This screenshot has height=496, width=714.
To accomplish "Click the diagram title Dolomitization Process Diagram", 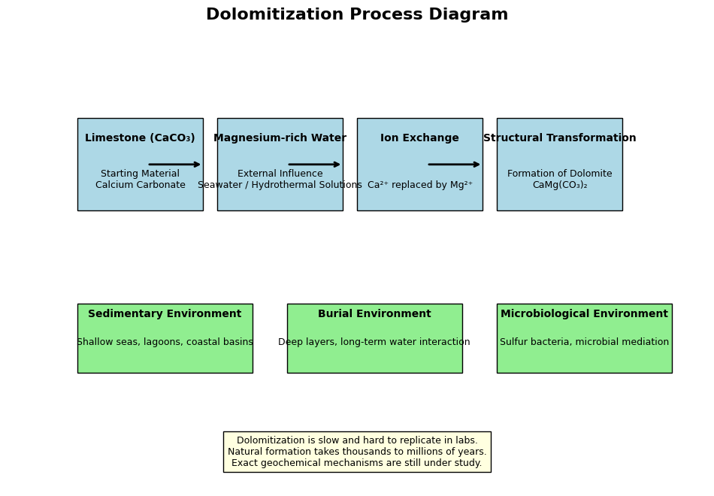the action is [x=357, y=14].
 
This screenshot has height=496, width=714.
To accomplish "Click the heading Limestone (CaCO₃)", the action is [x=140, y=138].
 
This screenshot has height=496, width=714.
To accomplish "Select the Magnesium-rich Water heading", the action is [x=280, y=138].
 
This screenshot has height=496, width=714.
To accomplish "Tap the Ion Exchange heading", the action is [x=420, y=138].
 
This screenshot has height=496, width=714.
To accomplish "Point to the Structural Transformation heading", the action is [x=560, y=138].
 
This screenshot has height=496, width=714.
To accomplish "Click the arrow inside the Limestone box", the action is [x=174, y=165].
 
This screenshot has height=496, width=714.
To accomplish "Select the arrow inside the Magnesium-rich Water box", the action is [x=314, y=165].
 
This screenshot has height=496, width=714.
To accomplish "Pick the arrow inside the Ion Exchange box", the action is [x=454, y=165].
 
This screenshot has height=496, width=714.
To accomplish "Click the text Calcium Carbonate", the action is [x=141, y=185].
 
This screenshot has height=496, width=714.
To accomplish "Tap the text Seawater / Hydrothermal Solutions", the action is [x=280, y=185].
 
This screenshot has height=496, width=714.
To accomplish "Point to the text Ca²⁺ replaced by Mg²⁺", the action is [x=420, y=185].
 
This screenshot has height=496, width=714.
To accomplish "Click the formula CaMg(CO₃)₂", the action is [x=560, y=185].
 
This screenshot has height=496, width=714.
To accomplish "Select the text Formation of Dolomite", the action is [x=560, y=174].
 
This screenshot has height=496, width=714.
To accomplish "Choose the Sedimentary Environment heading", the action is [x=165, y=314].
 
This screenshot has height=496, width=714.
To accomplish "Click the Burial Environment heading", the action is [x=374, y=314].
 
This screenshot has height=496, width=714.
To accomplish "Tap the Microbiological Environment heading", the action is [x=584, y=314].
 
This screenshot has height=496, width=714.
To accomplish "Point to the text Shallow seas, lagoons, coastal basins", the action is [x=165, y=342].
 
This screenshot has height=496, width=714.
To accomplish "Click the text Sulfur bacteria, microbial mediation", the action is [x=584, y=342].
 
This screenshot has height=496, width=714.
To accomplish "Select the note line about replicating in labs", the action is [x=357, y=440].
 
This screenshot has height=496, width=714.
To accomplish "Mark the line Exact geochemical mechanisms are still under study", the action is [x=357, y=463].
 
